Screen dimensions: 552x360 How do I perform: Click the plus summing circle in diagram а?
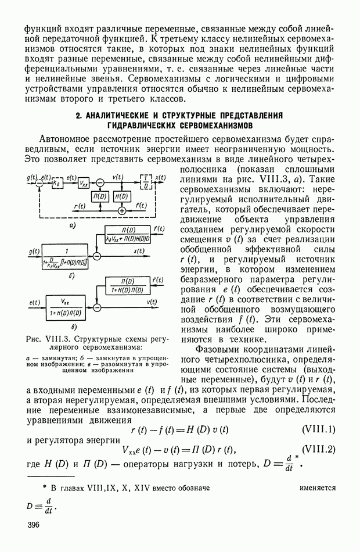121,210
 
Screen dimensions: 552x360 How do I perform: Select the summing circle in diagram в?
97,306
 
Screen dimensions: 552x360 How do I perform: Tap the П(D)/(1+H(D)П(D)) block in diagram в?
125,285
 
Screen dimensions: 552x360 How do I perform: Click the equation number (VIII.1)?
319,429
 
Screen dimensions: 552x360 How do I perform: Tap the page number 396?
35,525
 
